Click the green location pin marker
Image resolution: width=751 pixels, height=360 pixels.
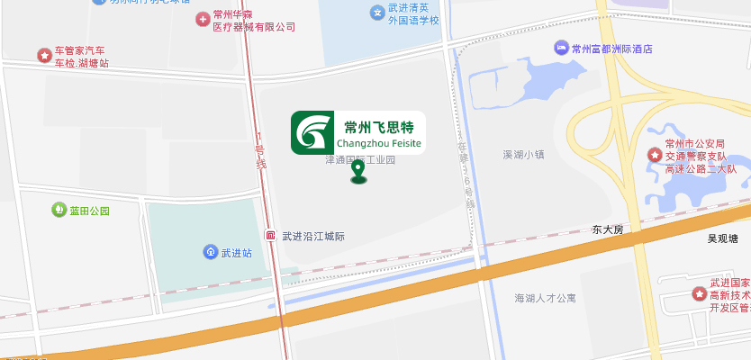358,171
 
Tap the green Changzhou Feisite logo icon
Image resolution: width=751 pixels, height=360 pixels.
313,133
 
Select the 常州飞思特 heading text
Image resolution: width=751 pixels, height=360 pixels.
379,126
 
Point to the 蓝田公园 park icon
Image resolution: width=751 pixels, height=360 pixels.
59,211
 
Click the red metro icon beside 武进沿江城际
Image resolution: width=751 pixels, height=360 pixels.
270,236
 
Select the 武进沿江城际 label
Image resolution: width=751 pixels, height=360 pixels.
313,237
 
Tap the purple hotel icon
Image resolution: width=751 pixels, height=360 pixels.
561,48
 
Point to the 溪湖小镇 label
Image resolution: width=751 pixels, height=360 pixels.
523,154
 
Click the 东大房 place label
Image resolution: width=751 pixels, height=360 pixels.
607,229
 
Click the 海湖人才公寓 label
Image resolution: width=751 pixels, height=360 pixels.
545,298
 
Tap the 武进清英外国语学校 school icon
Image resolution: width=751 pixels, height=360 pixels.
377,12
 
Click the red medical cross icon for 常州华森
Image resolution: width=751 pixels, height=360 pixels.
204,19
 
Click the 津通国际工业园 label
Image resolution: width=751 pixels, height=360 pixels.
360,159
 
